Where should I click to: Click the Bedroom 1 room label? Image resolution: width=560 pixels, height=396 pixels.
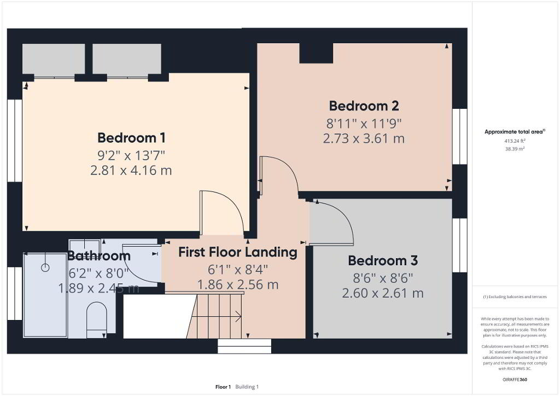point(131,138)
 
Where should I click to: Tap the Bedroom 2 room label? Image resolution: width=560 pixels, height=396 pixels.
point(364,106)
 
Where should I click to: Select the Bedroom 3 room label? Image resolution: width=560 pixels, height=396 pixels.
point(382,261)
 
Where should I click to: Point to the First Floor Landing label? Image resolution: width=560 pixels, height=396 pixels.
point(237,252)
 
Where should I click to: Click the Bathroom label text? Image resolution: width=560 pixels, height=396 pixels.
point(98,255)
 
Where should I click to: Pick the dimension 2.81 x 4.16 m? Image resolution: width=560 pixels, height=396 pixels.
point(131,170)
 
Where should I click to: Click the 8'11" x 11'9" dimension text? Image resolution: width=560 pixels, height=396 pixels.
point(364,124)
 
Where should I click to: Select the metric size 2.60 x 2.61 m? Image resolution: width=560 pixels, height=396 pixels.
point(382,293)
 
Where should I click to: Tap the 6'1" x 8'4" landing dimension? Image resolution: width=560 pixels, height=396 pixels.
point(237,270)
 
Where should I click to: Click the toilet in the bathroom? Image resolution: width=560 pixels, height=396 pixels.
point(97,319)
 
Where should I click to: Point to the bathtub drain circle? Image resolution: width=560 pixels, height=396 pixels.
point(45,267)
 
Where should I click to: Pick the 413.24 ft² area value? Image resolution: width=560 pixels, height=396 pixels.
point(515,141)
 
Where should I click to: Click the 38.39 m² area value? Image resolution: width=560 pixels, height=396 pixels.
point(515,149)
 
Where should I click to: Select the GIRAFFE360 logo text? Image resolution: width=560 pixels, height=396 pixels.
point(515,380)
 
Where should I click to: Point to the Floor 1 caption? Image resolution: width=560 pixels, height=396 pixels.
point(223,387)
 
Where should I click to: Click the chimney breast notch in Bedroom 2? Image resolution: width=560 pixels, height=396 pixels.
point(316,53)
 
